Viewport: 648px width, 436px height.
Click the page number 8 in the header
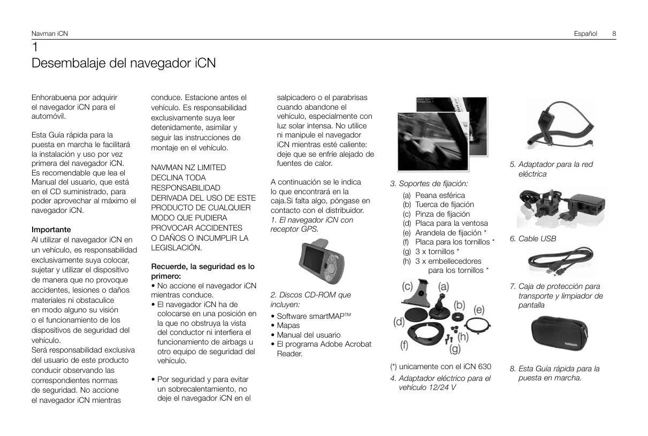tap(614, 34)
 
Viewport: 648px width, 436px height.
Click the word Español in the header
tap(585, 34)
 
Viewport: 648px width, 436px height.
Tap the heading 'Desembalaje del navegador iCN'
tap(124, 63)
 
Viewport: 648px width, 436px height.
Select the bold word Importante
tap(51, 230)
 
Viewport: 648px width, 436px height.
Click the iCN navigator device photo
tap(322, 261)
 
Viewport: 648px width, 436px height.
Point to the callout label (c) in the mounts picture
tap(407, 286)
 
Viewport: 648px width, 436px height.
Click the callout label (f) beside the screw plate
tap(404, 345)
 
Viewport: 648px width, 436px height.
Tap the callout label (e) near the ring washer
tap(479, 310)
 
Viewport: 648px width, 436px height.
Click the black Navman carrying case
tap(559, 333)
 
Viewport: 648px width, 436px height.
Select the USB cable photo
tap(560, 261)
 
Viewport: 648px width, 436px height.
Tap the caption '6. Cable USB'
tap(533, 239)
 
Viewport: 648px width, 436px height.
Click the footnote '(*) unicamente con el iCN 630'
tap(440, 366)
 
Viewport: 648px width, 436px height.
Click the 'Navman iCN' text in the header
tap(49, 34)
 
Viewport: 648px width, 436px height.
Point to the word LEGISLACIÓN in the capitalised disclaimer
tap(176, 248)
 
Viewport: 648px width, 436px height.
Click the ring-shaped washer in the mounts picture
tap(478, 325)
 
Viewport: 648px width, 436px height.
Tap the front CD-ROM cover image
tap(433, 141)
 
